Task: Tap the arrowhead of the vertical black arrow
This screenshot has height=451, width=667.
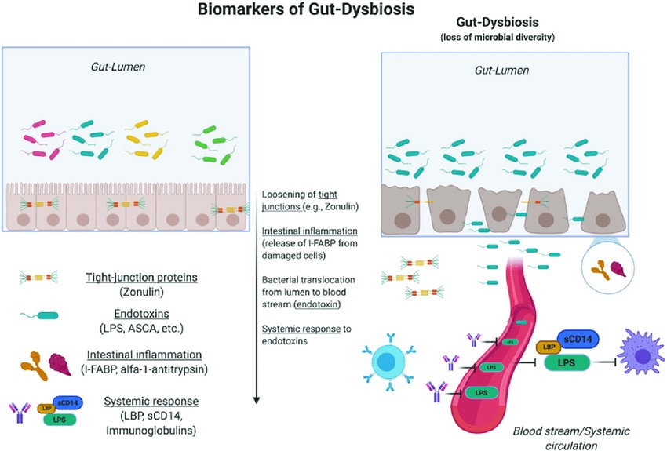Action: [257, 401]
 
